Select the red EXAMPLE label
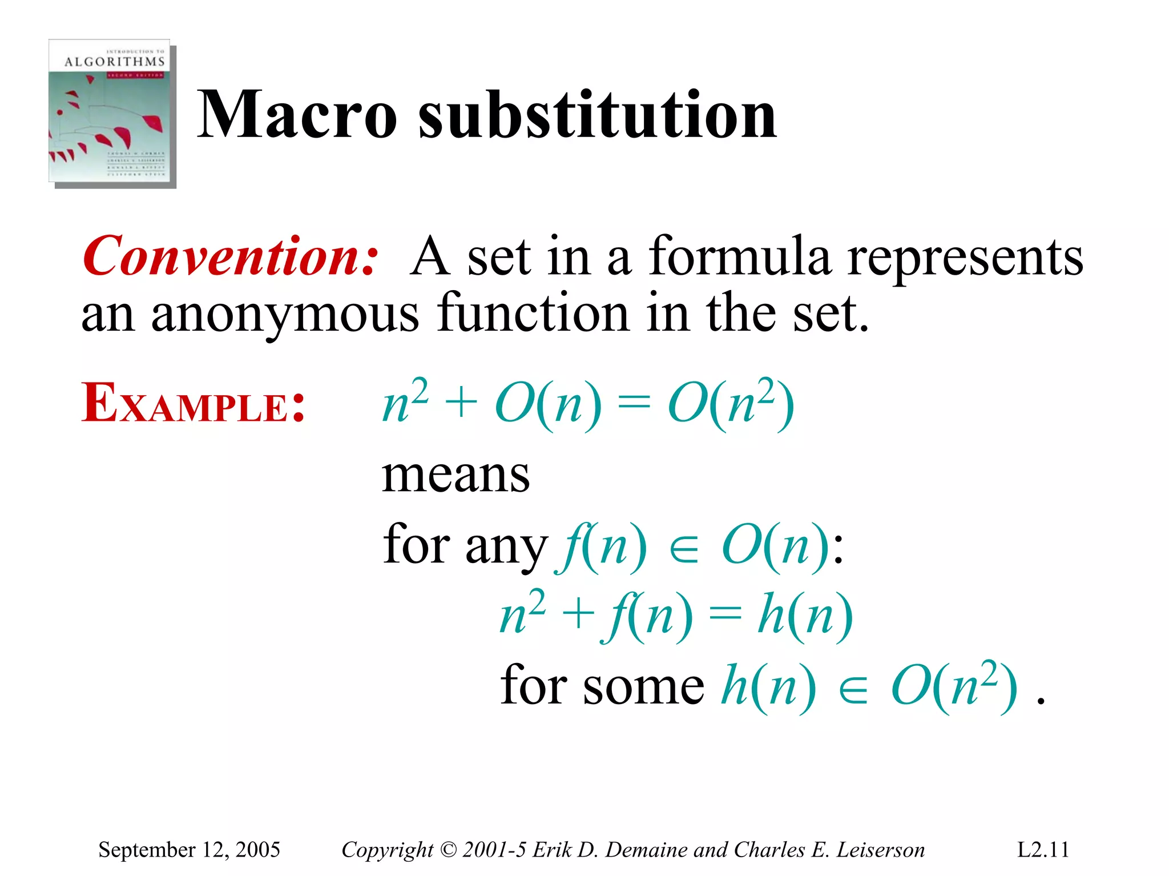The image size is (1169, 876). coord(193,404)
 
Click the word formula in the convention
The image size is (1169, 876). coord(739,256)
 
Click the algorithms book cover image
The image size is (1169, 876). coord(112,113)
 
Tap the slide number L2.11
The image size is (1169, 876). coord(1043,850)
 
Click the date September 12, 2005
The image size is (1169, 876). coord(189,850)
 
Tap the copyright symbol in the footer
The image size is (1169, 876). coord(449,850)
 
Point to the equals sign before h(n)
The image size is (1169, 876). coord(725,616)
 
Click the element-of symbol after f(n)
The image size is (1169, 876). coord(684,550)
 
